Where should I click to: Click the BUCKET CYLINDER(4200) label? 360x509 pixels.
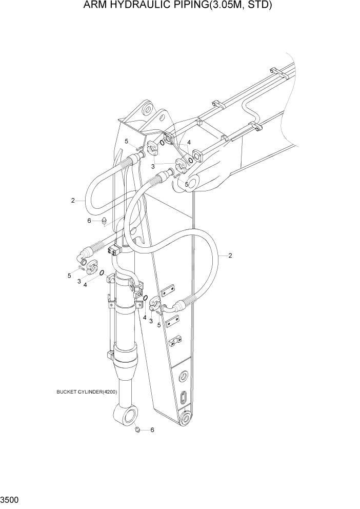point(87,392)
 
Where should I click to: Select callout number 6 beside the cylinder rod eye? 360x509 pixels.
point(152,430)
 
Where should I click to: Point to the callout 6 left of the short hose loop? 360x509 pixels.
point(89,220)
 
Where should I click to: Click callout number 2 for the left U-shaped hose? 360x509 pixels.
point(73,201)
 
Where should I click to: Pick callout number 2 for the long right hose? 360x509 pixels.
point(230,255)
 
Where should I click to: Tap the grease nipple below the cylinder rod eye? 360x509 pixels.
point(137,428)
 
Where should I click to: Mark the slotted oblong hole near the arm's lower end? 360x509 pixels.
point(183,398)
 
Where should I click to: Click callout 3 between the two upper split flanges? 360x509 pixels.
point(153,166)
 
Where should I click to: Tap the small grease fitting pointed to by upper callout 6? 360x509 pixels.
point(104,221)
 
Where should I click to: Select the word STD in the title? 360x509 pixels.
point(258,6)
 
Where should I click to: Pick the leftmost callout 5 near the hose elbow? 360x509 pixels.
point(69,276)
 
